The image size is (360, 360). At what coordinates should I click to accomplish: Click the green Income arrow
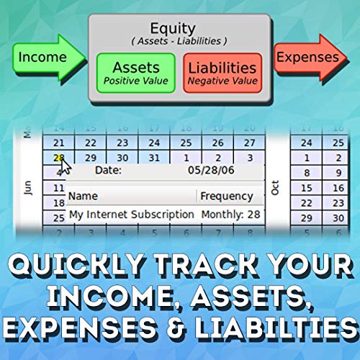[40, 56]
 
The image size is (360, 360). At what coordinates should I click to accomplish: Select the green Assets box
[135, 73]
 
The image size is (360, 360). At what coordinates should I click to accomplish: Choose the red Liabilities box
[222, 73]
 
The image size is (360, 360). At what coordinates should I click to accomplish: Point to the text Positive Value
[135, 81]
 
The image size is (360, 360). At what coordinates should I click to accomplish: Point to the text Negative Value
[222, 81]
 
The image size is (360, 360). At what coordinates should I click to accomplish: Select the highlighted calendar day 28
[59, 158]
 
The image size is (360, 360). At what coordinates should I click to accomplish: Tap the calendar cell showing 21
[59, 143]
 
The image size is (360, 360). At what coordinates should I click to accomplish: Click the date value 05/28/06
[211, 171]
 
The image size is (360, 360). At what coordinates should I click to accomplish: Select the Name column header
[83, 196]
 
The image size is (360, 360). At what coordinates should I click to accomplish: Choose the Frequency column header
[227, 196]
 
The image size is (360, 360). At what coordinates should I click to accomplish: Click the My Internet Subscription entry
[131, 214]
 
